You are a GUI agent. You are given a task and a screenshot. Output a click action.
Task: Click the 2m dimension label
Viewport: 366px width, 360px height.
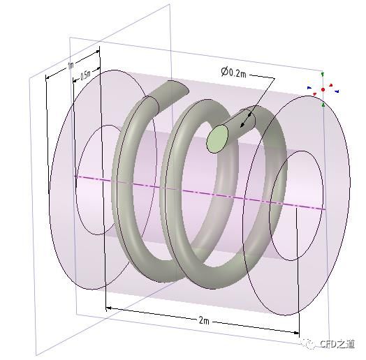pos(204,321)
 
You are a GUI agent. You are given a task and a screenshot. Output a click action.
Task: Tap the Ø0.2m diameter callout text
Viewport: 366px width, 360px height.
pos(233,73)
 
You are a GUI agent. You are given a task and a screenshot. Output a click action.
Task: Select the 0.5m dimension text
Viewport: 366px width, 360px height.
pos(85,75)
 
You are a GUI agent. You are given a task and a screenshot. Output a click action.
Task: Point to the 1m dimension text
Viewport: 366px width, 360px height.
pos(71,66)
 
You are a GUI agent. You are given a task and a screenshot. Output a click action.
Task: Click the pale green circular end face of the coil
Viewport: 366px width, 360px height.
pos(217,139)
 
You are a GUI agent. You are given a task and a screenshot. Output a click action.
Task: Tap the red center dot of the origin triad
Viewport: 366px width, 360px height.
pos(323,89)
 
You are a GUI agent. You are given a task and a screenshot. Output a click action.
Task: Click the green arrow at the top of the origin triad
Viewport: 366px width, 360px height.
pos(323,75)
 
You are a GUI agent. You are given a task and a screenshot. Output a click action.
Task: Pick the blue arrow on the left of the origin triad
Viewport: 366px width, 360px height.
pos(309,88)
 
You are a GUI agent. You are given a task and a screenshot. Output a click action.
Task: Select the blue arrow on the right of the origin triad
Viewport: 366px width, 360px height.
pos(337,91)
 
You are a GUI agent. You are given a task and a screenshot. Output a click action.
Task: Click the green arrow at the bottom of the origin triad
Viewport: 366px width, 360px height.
pos(323,105)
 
